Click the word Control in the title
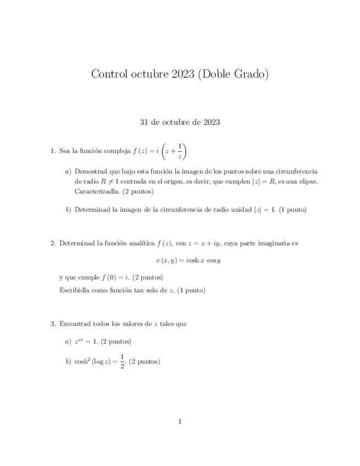pyautogui.click(x=109, y=74)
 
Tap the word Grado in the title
pyautogui.click(x=251, y=74)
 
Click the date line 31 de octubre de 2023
pyautogui.click(x=180, y=122)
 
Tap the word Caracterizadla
pyautogui.click(x=96, y=191)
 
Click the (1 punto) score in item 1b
pyautogui.click(x=292, y=209)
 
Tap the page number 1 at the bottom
pyautogui.click(x=180, y=421)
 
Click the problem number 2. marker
pyautogui.click(x=53, y=243)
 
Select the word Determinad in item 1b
pyautogui.click(x=92, y=209)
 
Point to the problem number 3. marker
pyautogui.click(x=53, y=324)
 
